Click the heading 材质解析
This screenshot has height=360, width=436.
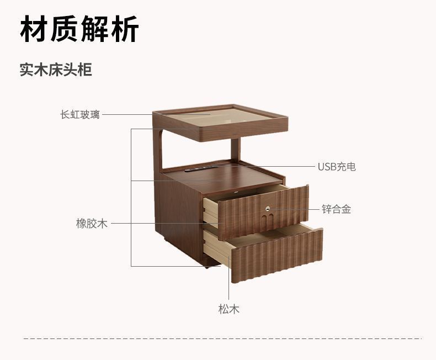[x=79, y=30]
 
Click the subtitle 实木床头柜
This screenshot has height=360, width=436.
[x=56, y=70]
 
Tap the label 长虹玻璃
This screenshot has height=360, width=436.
[x=80, y=115]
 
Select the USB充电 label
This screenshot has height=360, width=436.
[x=336, y=166]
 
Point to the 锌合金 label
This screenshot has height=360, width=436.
[x=337, y=209]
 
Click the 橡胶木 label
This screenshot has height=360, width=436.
[x=92, y=224]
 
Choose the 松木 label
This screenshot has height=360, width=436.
[x=228, y=309]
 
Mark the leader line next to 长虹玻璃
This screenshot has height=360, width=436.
[x=127, y=115]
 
